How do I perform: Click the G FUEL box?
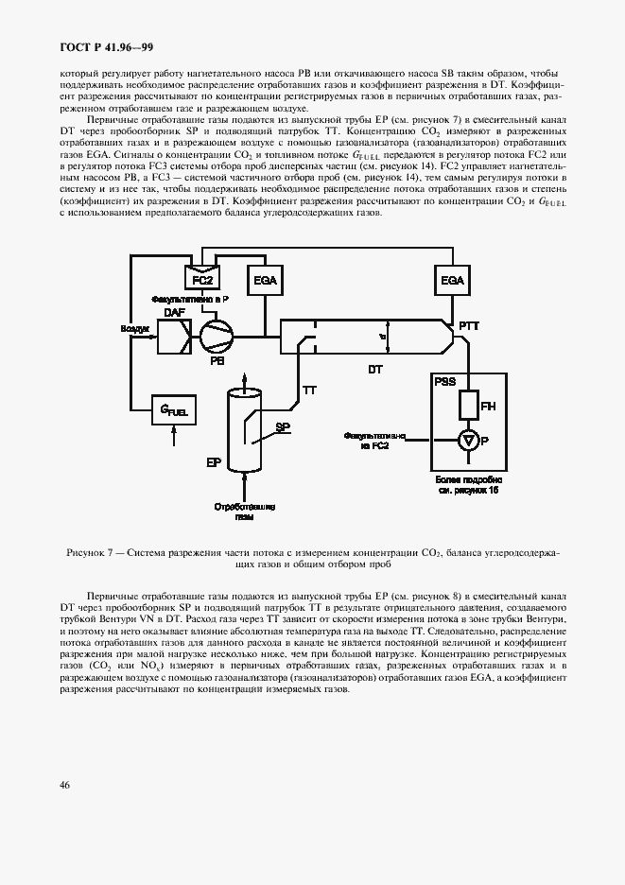point(172,409)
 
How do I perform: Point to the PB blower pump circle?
point(213,334)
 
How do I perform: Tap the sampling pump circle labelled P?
point(466,439)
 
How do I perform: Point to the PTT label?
point(469,326)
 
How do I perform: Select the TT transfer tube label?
point(308,389)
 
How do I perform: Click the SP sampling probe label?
point(282,427)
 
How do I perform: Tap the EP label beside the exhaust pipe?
point(214,463)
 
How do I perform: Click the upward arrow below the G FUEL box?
point(172,436)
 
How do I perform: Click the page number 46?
point(64,785)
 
